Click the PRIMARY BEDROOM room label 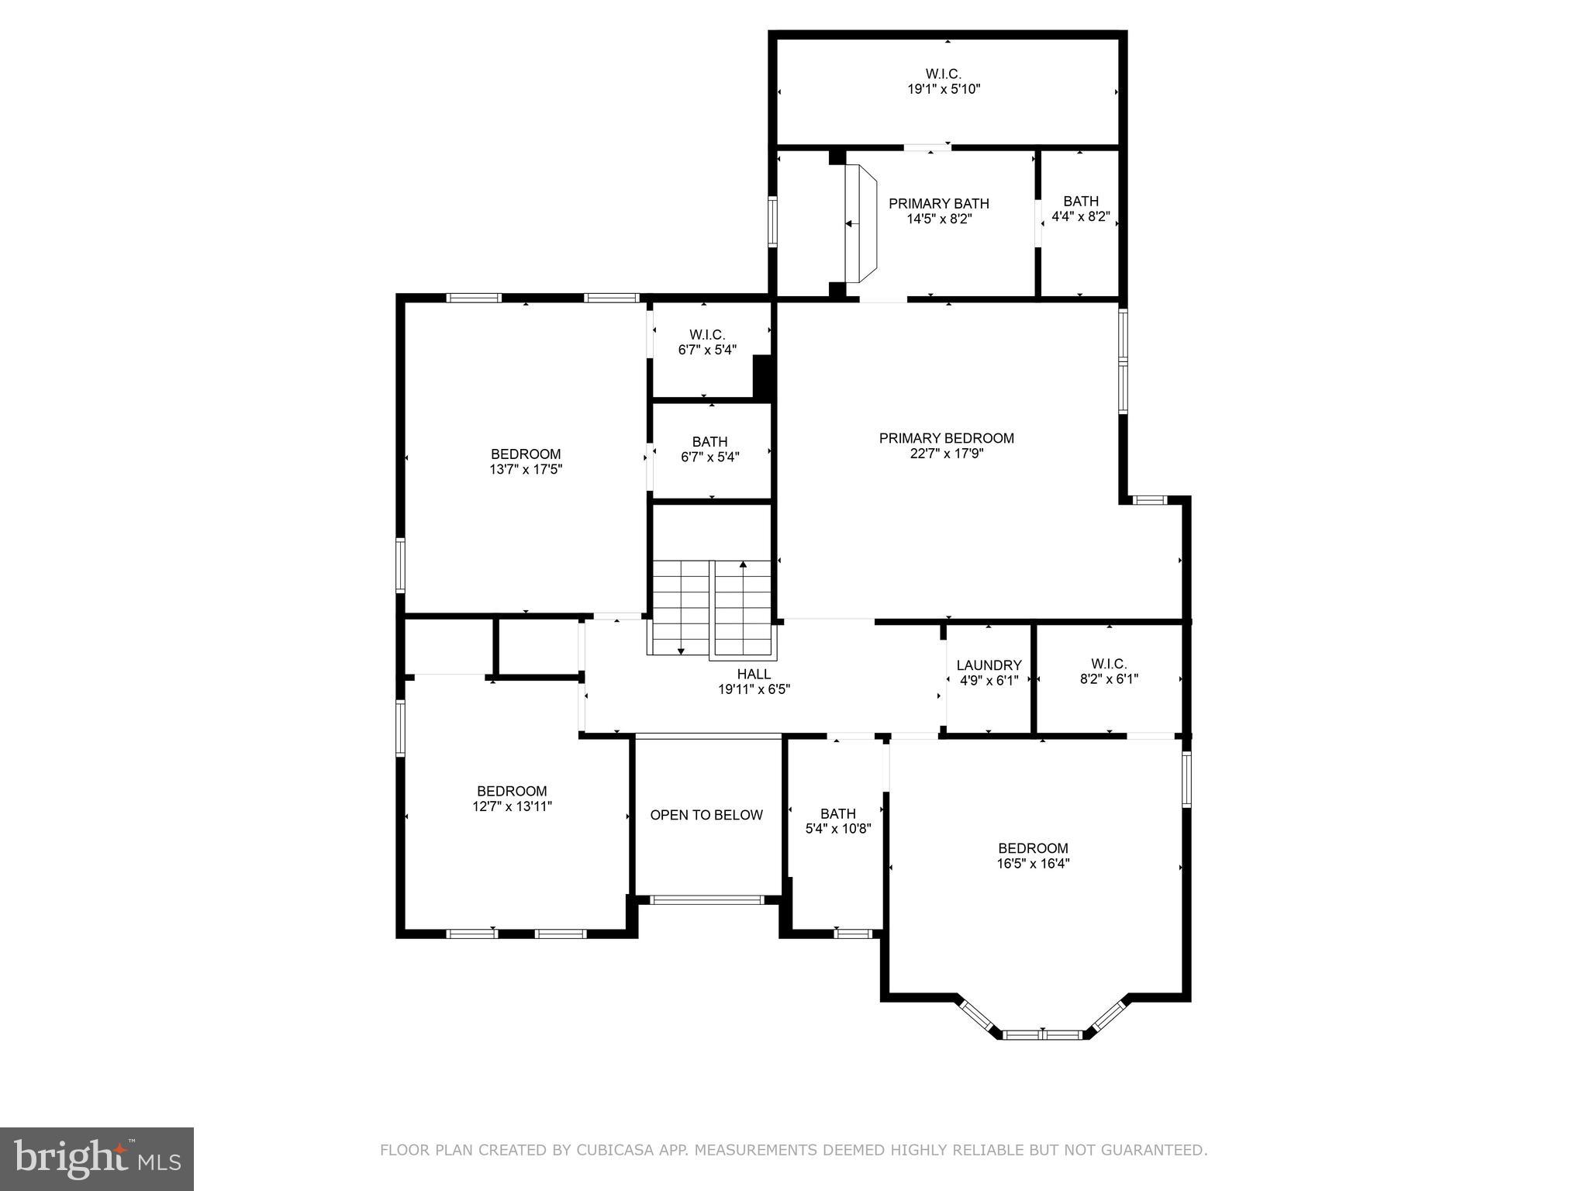946,438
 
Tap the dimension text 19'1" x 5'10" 944,89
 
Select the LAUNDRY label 989,665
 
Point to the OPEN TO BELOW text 706,815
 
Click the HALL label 754,675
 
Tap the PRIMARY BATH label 938,204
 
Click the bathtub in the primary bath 861,224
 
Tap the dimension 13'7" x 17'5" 525,469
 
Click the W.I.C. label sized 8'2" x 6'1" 1109,664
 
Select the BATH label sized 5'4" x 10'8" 837,813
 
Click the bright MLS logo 97,1158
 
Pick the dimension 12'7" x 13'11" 512,806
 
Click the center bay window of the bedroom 1042,1034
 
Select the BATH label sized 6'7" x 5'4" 709,442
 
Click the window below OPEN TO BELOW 706,900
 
